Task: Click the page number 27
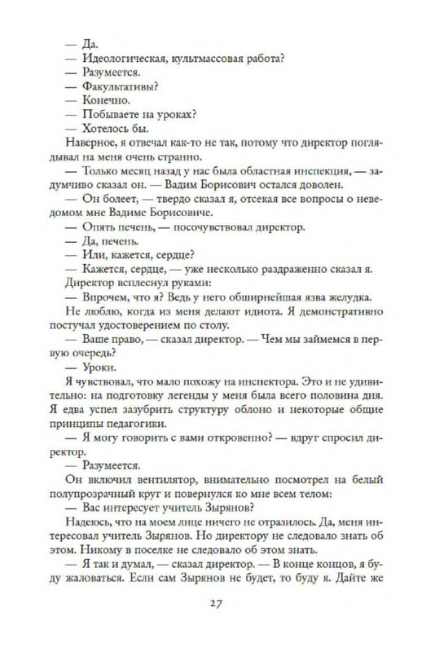[x=216, y=604]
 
